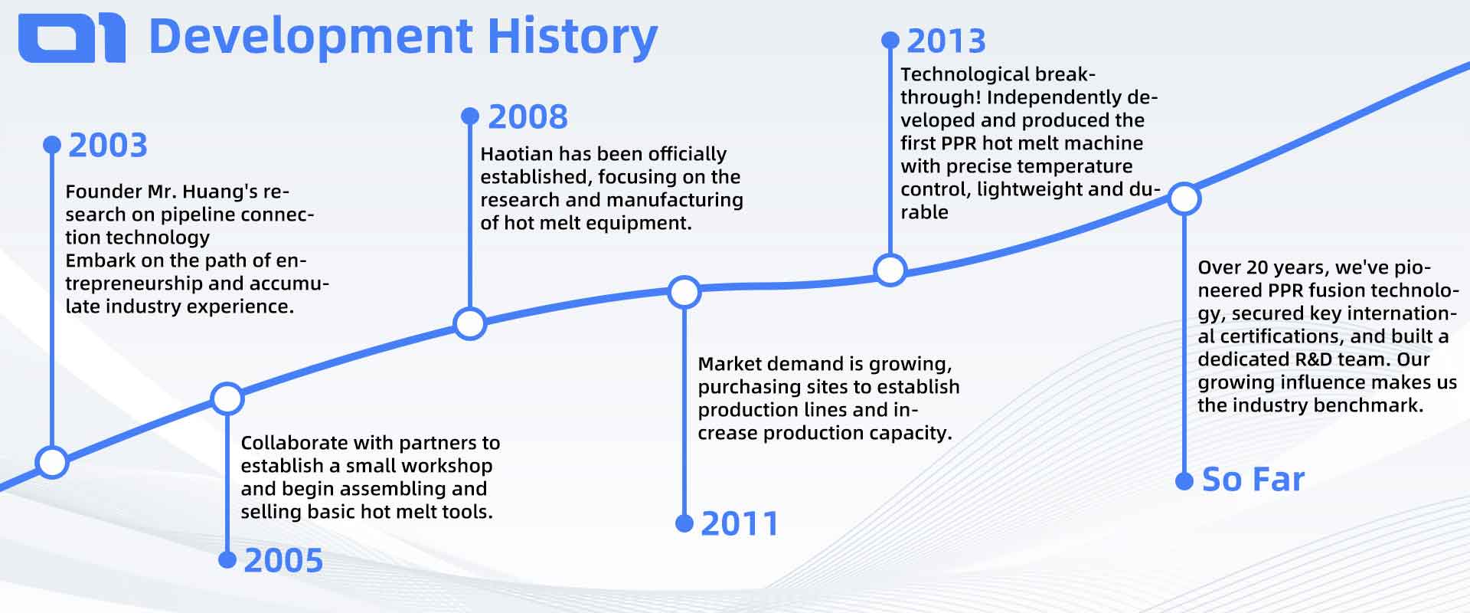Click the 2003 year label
(x=108, y=145)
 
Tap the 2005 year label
(x=283, y=561)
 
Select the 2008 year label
(x=528, y=116)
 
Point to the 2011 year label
(x=740, y=524)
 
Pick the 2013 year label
(x=946, y=41)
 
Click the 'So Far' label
(x=1253, y=480)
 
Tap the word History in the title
(x=572, y=37)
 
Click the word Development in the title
(x=311, y=37)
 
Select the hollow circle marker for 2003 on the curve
(x=52, y=462)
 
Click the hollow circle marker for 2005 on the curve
(x=227, y=398)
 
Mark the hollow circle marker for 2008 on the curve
(x=470, y=323)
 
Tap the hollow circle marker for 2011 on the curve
(x=684, y=292)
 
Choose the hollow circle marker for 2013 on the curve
(x=890, y=270)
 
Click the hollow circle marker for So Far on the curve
(x=1184, y=199)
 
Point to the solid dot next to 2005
(x=227, y=560)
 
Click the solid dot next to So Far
(x=1184, y=481)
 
